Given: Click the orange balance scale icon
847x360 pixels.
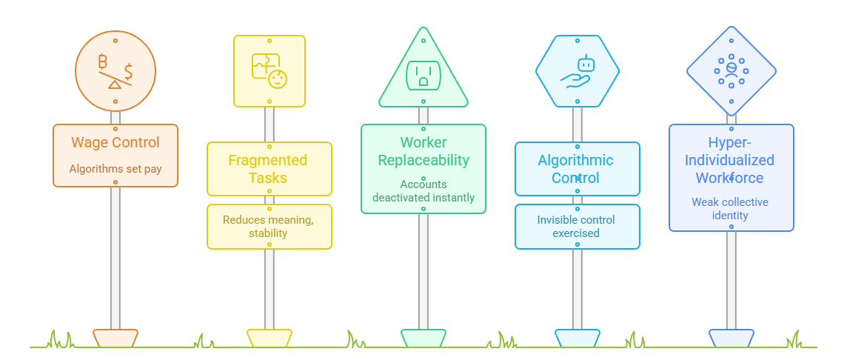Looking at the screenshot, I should coord(115,73).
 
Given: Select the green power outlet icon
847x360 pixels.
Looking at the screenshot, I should coord(423,73).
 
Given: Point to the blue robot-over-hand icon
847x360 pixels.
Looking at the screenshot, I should coord(577,72).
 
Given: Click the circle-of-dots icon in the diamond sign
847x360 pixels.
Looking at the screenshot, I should coord(731,71).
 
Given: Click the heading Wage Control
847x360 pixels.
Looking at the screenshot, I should coord(115,143).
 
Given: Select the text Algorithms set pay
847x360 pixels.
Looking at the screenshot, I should coord(115,169).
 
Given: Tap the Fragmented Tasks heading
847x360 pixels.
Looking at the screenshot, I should coord(268,169).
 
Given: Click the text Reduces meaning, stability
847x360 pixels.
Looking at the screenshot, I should coord(269,227).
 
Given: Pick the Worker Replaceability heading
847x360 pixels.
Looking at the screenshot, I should coord(423,151).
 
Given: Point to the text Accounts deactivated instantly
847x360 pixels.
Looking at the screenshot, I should coord(423,190).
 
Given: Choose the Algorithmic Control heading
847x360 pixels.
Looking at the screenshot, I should coord(576,169).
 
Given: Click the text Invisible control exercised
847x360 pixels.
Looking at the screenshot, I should coord(576,227).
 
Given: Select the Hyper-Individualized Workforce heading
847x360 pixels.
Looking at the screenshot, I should coord(731,160).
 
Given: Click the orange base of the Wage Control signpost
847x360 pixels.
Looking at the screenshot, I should coord(115,338).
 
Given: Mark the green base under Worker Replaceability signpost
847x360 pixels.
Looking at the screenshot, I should coord(423,338).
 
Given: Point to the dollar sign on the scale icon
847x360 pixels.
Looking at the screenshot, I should coord(128,72).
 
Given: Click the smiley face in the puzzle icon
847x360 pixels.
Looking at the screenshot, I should coord(278,77).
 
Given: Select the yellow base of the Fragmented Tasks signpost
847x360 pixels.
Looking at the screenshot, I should coord(269,338).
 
